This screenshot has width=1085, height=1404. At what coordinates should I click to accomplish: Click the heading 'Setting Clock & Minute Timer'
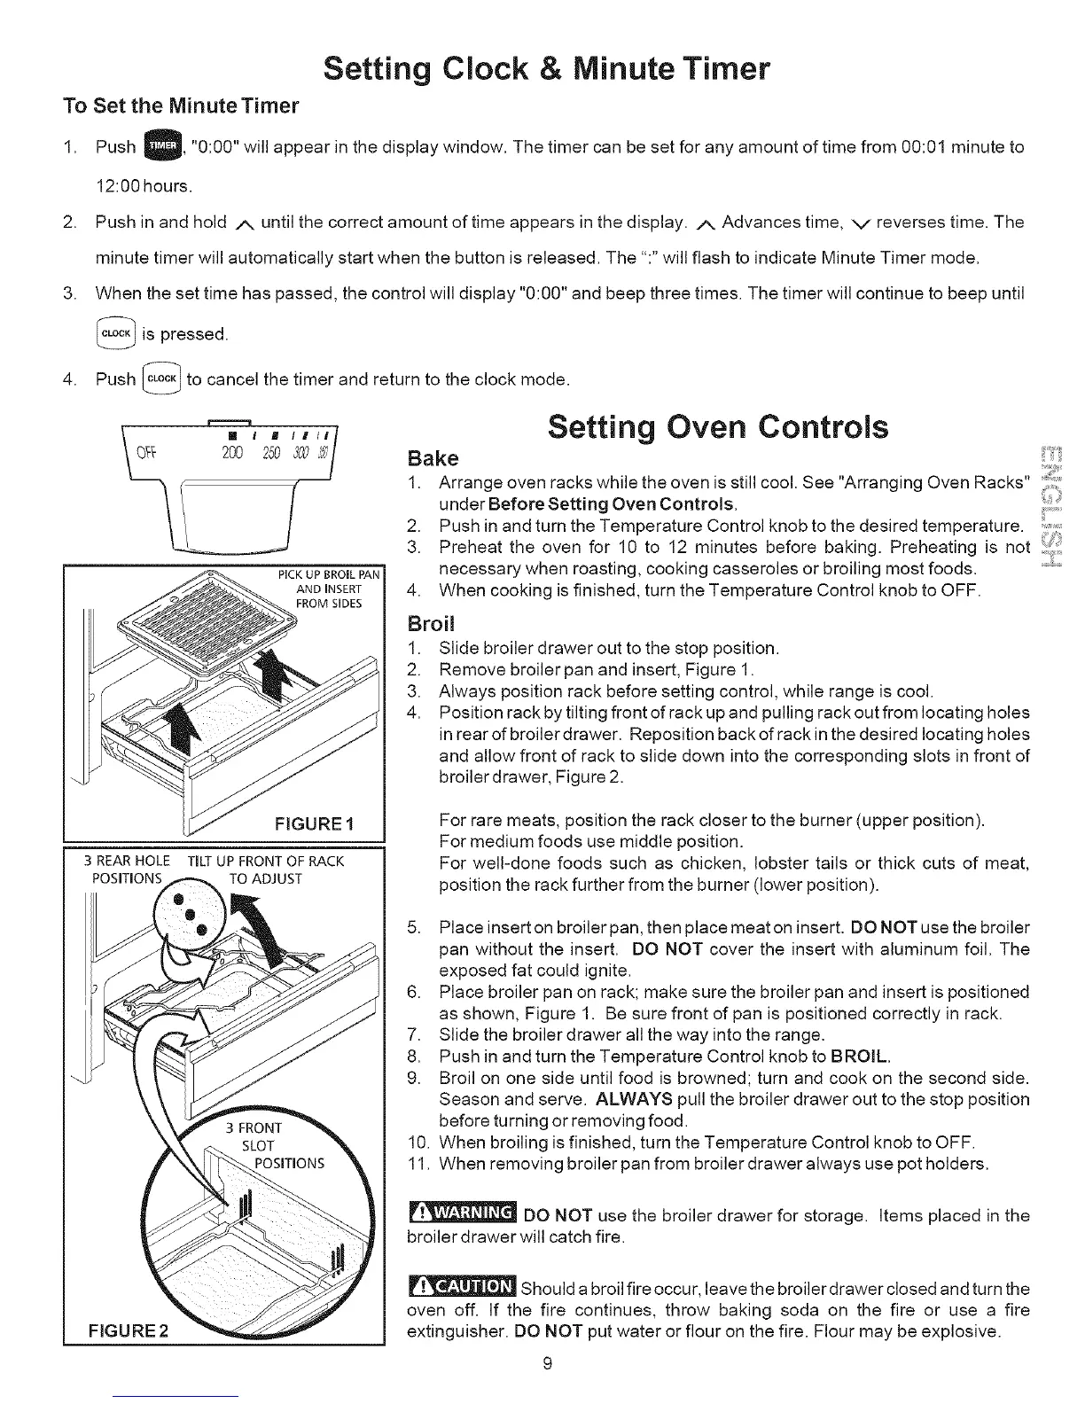coord(547,67)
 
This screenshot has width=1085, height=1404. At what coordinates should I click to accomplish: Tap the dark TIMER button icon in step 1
coord(163,146)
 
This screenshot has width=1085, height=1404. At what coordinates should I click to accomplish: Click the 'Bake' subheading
coord(433,459)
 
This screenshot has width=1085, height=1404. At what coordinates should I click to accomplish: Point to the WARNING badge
coord(462,1213)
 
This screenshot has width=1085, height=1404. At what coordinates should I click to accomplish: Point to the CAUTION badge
coord(462,1286)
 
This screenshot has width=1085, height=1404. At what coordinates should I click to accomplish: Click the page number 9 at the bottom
coord(548,1389)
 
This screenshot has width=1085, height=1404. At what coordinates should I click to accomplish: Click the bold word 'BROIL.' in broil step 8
coord(861,1057)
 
